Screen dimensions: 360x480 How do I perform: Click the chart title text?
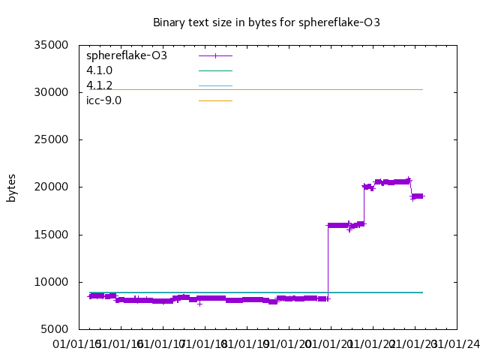[266, 22]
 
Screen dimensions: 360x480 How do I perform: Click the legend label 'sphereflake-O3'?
[127, 55]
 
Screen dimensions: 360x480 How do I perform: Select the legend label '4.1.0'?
[99, 70]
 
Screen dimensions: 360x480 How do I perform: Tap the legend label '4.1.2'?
[99, 85]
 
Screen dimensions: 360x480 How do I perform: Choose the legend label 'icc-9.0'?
[103, 100]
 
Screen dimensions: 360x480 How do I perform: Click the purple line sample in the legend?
[215, 55]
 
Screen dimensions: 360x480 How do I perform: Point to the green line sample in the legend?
[215, 70]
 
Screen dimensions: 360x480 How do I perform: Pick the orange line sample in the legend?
[215, 100]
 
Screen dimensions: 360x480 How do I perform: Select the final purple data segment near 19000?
[418, 196]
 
